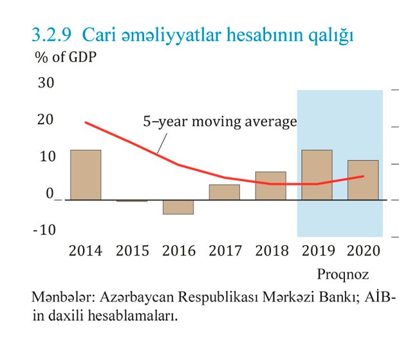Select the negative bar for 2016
(178, 207)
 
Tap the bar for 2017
(225, 193)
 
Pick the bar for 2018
(271, 186)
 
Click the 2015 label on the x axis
(132, 251)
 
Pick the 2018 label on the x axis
(271, 251)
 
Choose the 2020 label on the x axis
(363, 251)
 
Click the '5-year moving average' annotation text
(219, 122)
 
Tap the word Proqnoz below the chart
(342, 275)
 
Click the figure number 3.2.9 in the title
(53, 35)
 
